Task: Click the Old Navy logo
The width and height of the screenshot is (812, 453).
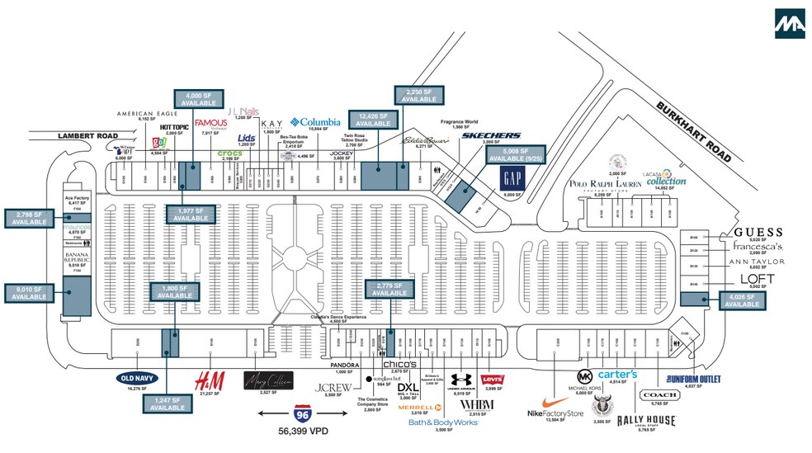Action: (x=136, y=378)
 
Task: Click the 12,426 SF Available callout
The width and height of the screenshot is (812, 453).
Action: (x=374, y=120)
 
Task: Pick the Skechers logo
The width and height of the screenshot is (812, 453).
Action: (x=491, y=135)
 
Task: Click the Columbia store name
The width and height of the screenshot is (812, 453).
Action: (x=315, y=122)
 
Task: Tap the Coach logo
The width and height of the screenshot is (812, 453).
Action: (x=659, y=395)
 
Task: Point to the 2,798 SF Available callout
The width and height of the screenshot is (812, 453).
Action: (x=29, y=219)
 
